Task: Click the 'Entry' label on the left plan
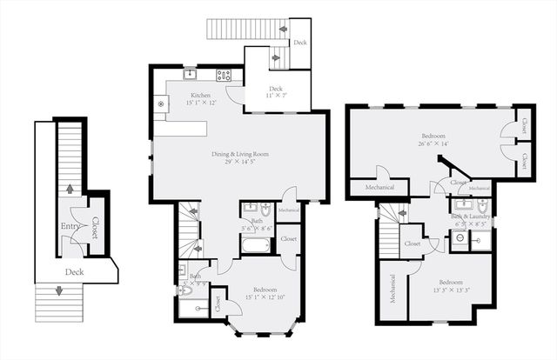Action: (70, 227)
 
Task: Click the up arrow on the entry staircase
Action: (70, 188)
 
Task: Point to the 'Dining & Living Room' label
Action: (240, 154)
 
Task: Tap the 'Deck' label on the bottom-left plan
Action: (73, 272)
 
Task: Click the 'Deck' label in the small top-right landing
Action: (299, 42)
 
